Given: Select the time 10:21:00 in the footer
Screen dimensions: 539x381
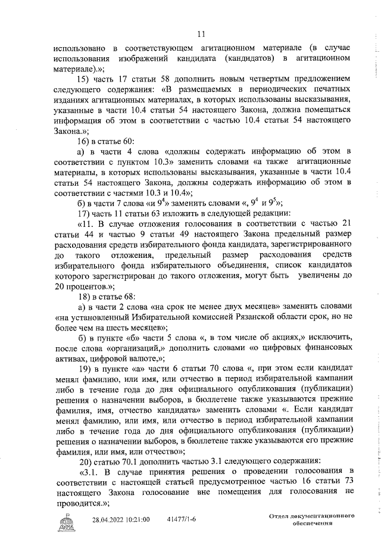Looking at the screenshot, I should tap(138, 520).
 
